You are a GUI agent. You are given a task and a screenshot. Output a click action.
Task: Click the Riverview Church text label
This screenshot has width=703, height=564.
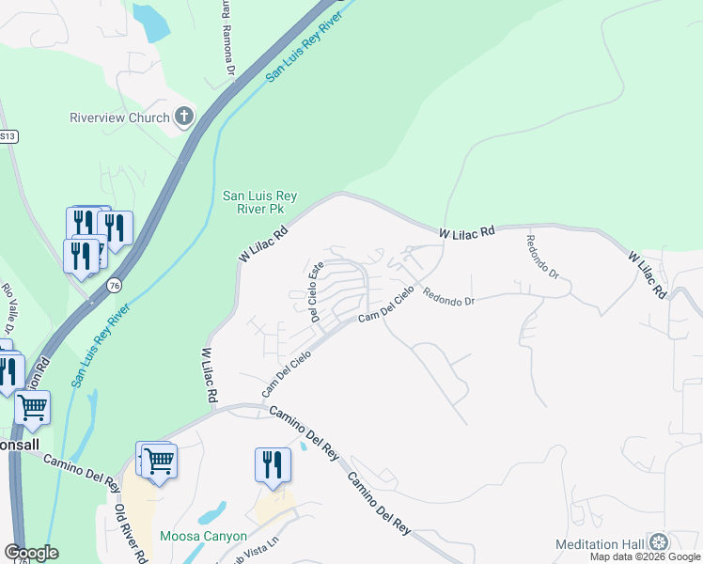click(x=120, y=117)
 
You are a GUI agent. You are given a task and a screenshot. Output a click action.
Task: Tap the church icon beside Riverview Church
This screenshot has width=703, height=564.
click(x=184, y=117)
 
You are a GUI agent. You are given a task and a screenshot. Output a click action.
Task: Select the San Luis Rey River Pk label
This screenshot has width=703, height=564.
click(x=259, y=202)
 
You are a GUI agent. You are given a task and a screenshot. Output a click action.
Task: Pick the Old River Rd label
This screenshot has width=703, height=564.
click(x=131, y=532)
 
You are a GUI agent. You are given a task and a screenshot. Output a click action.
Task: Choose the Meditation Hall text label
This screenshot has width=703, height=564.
click(x=600, y=543)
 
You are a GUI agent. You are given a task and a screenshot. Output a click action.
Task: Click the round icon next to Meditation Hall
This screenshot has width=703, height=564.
click(x=660, y=542)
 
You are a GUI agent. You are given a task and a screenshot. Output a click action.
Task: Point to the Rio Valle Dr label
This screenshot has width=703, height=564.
click(x=8, y=309)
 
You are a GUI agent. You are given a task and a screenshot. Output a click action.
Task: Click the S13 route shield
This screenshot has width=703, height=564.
click(x=8, y=136)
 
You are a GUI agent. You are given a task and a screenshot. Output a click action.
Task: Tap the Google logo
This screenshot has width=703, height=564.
click(x=31, y=553)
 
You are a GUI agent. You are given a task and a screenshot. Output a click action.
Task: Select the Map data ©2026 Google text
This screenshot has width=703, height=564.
click(x=646, y=557)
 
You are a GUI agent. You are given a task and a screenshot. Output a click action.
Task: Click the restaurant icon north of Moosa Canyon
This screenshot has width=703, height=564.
click(x=273, y=466)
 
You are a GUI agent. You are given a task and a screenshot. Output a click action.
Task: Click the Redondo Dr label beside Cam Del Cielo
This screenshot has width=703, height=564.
click(x=448, y=297)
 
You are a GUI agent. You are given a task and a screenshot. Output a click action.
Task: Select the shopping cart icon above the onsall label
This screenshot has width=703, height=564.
click(x=32, y=408)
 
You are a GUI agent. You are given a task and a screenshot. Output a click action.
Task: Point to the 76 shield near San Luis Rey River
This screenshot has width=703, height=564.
click(x=114, y=285)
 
